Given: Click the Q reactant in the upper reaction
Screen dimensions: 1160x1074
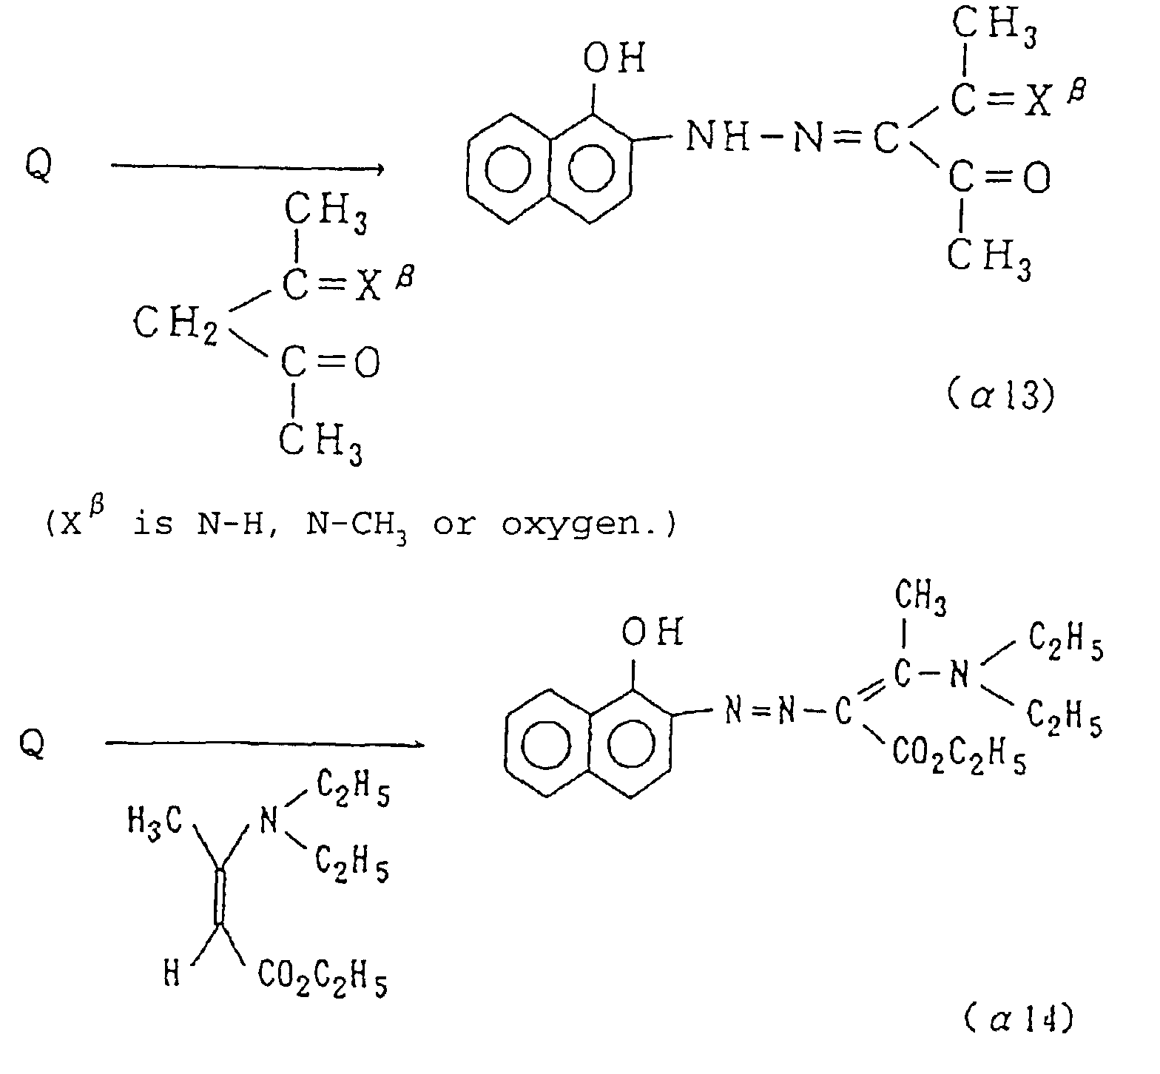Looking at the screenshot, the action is tap(38, 166).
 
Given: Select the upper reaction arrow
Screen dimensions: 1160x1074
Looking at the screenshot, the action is tap(248, 169).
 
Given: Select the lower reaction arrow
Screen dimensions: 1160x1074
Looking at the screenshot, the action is tap(264, 743).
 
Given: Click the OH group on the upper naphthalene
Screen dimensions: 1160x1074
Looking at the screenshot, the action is tap(613, 58).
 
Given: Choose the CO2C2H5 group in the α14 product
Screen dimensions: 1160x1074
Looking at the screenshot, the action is tap(959, 754).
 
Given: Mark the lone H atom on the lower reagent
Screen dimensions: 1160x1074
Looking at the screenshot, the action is tap(172, 976).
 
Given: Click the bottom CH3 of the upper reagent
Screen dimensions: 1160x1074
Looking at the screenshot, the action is tap(320, 443).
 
